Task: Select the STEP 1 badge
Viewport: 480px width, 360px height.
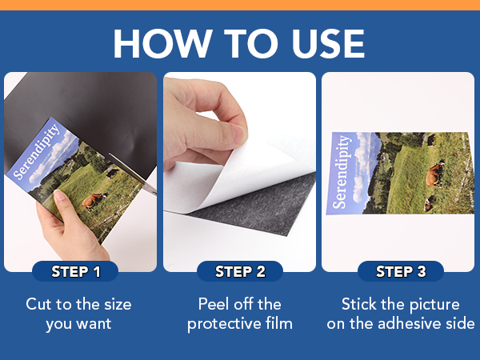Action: click(76, 271)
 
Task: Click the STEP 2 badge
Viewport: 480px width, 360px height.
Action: click(240, 271)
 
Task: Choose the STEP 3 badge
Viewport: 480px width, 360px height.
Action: click(401, 271)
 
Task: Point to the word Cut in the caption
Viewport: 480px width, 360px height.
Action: click(41, 305)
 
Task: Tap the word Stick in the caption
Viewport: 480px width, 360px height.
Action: click(359, 305)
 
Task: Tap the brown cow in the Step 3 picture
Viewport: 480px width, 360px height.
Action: click(434, 171)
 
